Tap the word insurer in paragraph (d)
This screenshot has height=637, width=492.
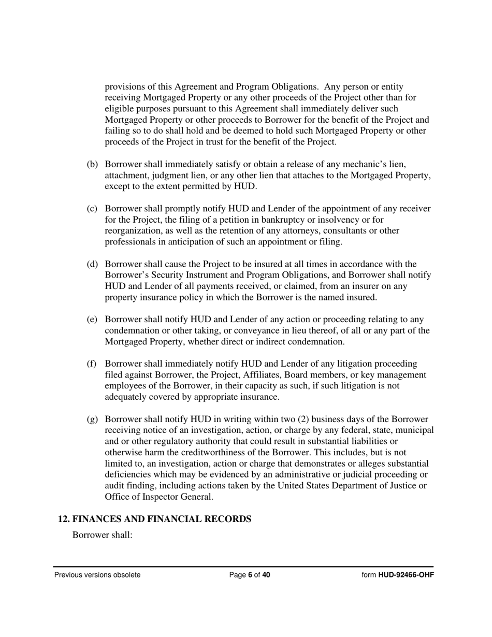pos(377,286)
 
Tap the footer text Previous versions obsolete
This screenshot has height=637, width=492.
pos(97,575)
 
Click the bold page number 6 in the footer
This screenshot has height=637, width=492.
pos(250,575)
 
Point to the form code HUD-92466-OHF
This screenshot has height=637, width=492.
pos(406,575)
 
